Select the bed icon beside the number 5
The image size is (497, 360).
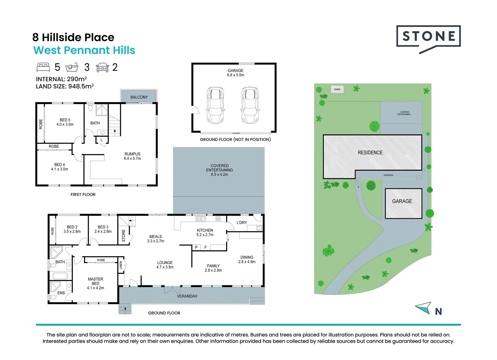click(x=43, y=67)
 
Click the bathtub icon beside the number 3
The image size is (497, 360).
click(x=72, y=67)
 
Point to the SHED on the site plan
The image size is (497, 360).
click(x=337, y=89)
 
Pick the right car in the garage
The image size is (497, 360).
click(x=250, y=105)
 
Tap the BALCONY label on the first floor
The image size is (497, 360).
click(x=139, y=97)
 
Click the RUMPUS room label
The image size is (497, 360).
click(x=132, y=154)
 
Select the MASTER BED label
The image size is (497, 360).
click(x=95, y=281)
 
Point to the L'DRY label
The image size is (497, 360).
click(x=242, y=223)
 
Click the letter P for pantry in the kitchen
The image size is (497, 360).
click(x=196, y=247)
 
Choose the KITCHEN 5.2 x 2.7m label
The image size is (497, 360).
click(x=205, y=233)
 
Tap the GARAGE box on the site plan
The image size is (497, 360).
click(x=403, y=203)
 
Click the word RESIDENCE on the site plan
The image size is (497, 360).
click(x=370, y=153)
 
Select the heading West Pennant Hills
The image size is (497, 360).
click(x=84, y=50)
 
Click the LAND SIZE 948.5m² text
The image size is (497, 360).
click(x=65, y=86)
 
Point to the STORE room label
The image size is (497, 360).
click(x=124, y=236)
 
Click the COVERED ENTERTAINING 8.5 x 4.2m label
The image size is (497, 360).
click(x=220, y=170)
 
